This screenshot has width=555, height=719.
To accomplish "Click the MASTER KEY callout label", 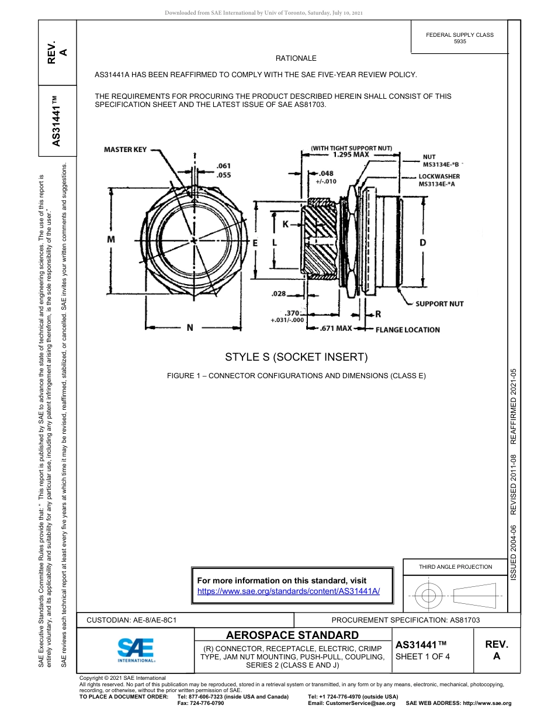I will (x=125, y=150).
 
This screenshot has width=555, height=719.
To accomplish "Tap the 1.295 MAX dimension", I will (x=351, y=155).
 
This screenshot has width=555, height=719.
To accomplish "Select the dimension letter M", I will (x=110, y=240).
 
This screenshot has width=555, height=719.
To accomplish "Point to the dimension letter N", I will (x=190, y=328).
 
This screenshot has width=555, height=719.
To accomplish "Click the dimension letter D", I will (x=422, y=243).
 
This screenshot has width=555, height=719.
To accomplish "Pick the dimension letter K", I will (x=286, y=224).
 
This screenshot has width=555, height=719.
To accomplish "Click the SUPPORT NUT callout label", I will (x=439, y=304).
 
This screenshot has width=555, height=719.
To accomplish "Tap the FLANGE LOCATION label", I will (x=407, y=330).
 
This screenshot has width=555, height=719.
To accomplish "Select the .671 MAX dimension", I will (x=336, y=329).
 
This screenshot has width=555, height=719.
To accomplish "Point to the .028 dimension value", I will (x=279, y=294).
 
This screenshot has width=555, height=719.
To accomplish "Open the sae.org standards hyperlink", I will (x=289, y=591).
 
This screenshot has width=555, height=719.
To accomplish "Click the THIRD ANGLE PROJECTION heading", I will (x=455, y=566).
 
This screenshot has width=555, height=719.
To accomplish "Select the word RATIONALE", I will (x=296, y=58).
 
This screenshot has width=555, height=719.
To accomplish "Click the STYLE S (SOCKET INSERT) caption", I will (x=296, y=357).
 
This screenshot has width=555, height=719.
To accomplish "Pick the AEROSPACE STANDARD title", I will (x=292, y=635).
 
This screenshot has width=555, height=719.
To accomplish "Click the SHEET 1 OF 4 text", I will (x=422, y=656).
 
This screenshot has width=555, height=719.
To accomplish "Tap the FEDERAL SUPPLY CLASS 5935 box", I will (x=460, y=38).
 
